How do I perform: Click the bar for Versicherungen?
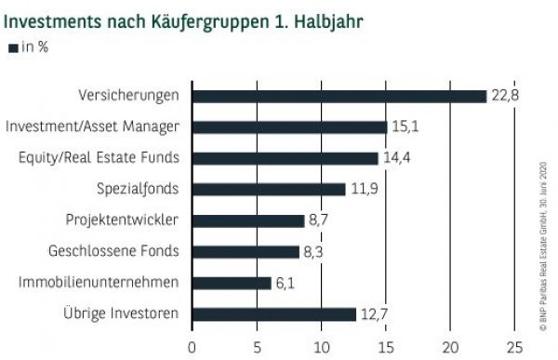click(339, 96)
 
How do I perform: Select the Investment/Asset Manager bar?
click(288, 127)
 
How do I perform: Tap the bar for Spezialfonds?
click(268, 189)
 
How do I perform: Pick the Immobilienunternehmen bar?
click(231, 283)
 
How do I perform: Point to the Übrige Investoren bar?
click(273, 313)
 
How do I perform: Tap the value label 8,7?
click(321, 220)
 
